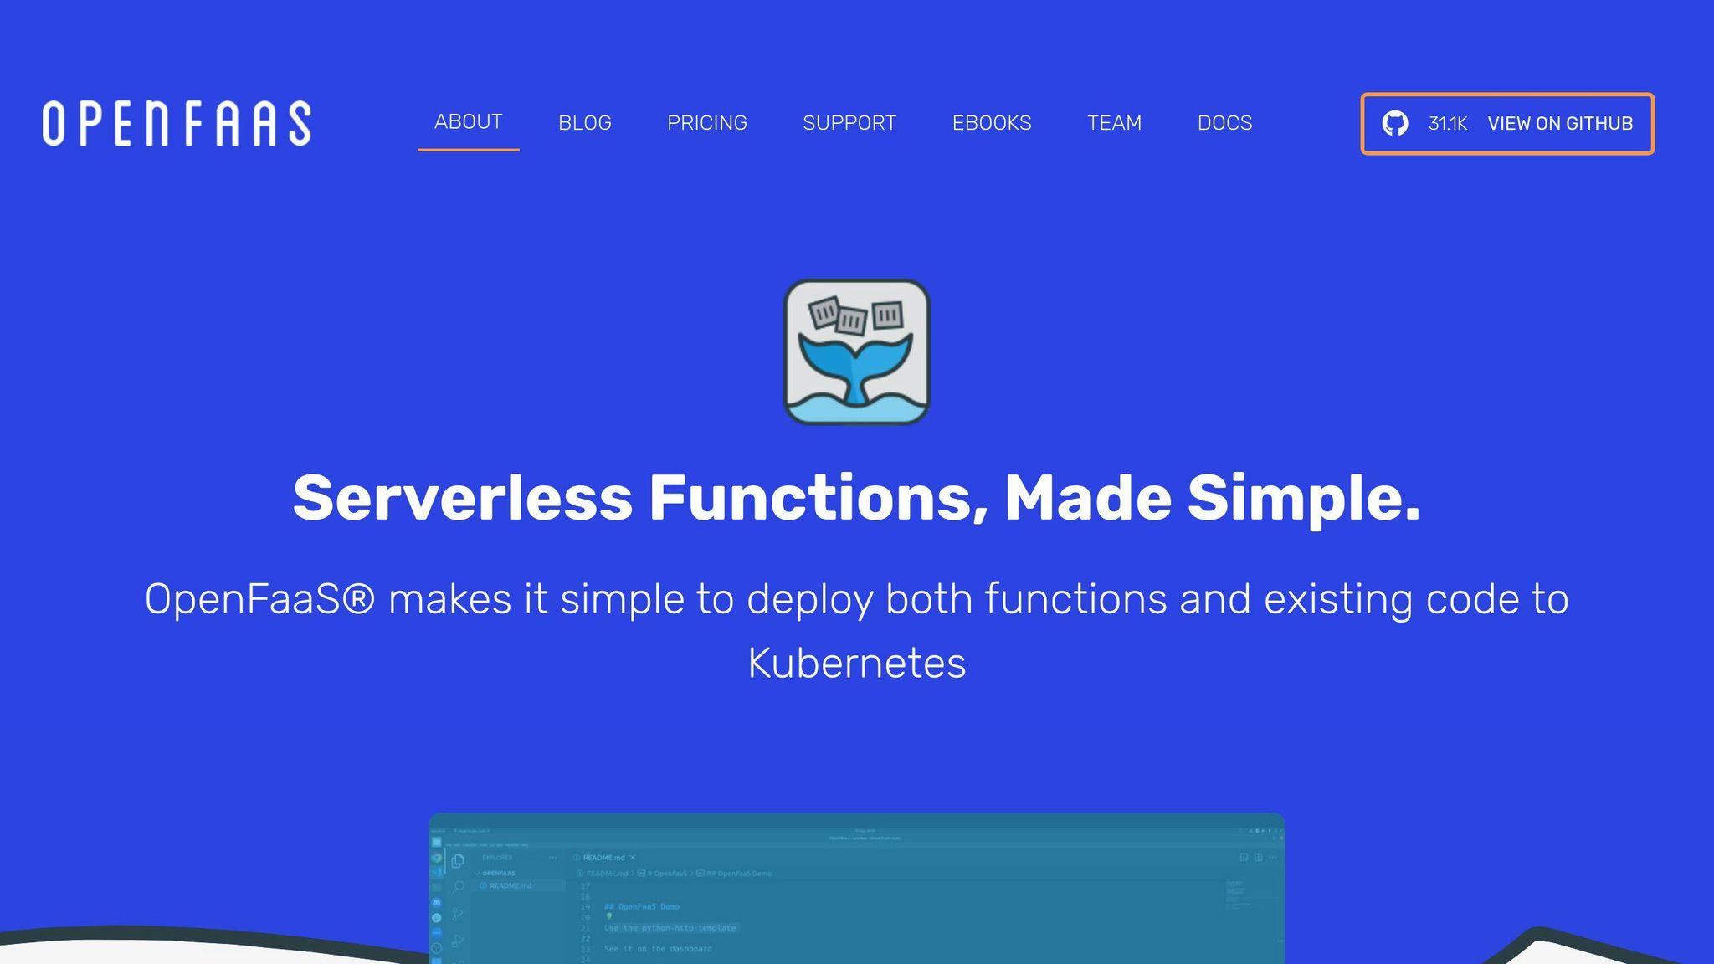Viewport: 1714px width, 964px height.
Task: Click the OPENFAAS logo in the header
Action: (x=177, y=124)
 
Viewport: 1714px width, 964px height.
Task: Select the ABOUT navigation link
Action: (x=468, y=122)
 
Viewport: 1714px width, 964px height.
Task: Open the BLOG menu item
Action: (x=584, y=123)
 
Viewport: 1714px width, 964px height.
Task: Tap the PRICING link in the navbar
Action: (x=706, y=123)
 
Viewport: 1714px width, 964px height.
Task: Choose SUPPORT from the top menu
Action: (x=849, y=123)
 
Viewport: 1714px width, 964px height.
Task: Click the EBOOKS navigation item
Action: (x=991, y=123)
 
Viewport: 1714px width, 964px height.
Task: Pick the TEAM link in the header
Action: (x=1114, y=123)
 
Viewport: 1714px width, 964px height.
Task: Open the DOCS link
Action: (x=1224, y=123)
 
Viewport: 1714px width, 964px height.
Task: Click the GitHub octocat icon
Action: (x=1394, y=124)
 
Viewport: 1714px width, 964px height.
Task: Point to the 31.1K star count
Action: (x=1447, y=124)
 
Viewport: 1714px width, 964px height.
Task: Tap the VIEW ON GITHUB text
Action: (x=1560, y=124)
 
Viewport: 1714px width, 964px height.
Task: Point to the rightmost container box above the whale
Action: (x=887, y=315)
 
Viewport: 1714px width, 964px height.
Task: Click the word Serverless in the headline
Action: (x=462, y=499)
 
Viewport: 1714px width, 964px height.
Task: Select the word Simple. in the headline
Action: (x=1303, y=499)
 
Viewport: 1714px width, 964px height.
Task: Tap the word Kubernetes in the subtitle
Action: (x=856, y=664)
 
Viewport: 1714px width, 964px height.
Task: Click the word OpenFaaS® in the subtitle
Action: (x=259, y=600)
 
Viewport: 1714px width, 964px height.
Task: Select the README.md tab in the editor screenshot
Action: (x=604, y=858)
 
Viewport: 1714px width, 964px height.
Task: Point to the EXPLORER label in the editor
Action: (x=497, y=858)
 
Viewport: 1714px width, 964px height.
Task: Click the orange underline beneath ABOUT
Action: (x=468, y=150)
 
